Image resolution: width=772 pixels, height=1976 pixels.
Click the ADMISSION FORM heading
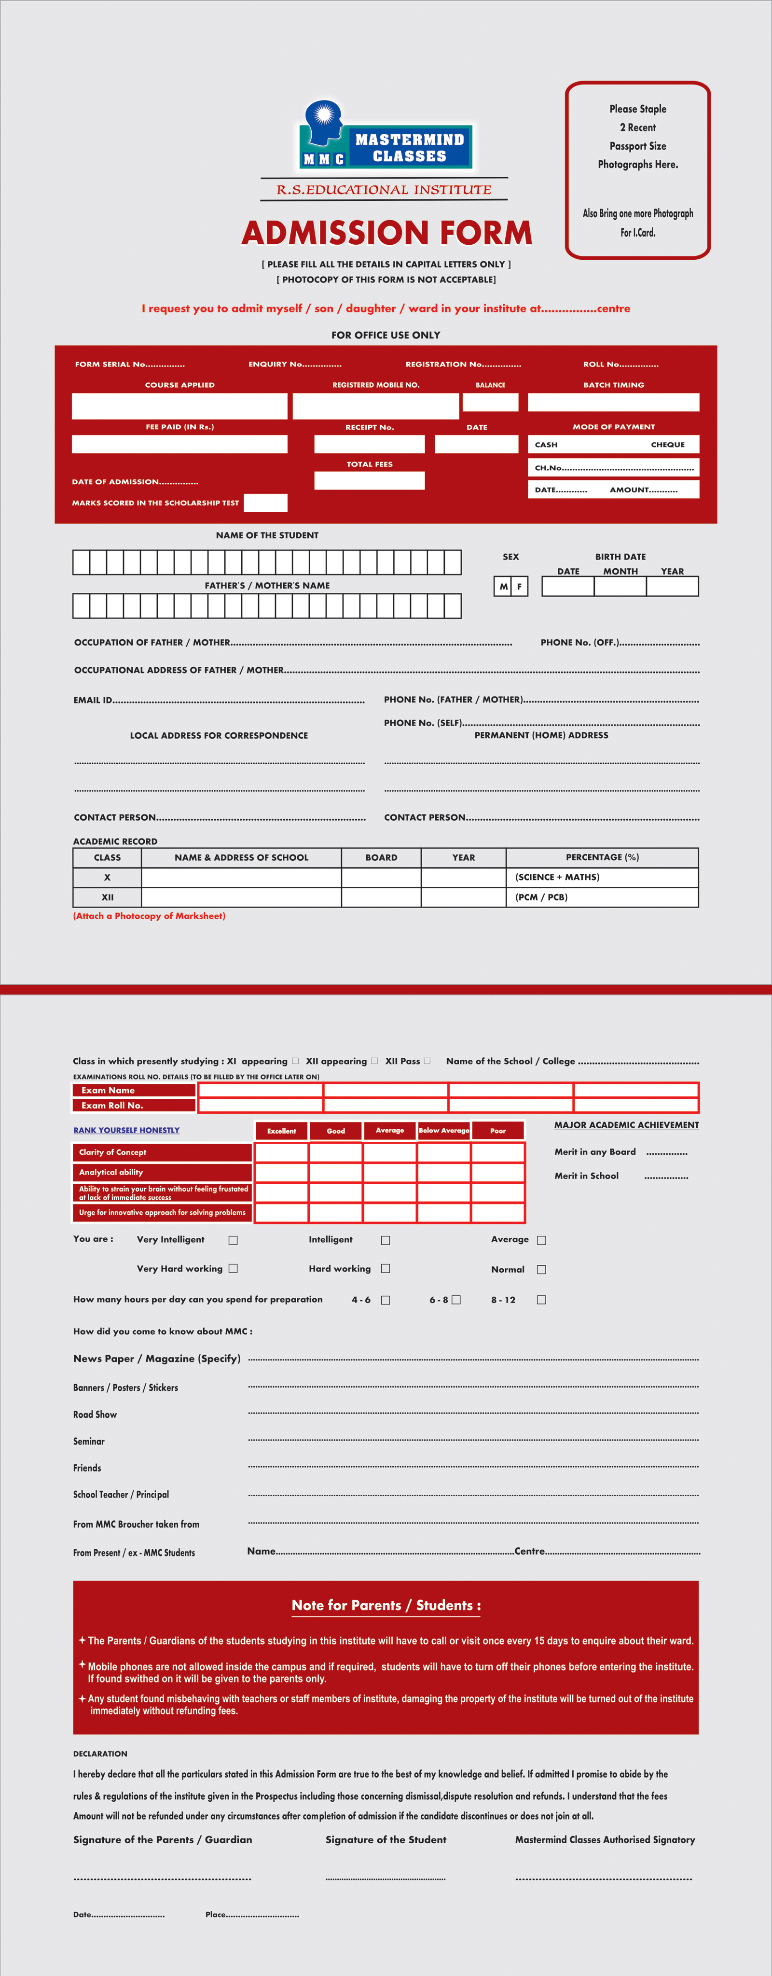[386, 232]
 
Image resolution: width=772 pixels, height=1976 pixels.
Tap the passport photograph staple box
[638, 170]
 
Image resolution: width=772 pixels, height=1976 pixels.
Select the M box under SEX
[503, 587]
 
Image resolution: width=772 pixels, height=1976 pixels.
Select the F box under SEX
[520, 587]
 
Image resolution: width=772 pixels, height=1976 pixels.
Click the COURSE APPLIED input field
[179, 406]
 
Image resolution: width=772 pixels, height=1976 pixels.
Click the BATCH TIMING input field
[613, 402]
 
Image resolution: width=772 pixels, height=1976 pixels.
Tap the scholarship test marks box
[265, 503]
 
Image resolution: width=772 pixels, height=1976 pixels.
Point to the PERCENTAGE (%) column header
[602, 857]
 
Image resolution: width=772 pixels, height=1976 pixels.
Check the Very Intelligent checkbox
[233, 1240]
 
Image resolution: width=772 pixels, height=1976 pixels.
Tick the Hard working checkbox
[386, 1269]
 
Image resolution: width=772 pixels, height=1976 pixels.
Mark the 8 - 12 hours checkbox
[541, 1300]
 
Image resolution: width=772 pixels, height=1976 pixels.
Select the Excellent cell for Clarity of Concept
[281, 1152]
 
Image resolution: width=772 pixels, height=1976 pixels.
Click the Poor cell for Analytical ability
[497, 1172]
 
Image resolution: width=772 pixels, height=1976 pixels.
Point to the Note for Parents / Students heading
[386, 1606]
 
